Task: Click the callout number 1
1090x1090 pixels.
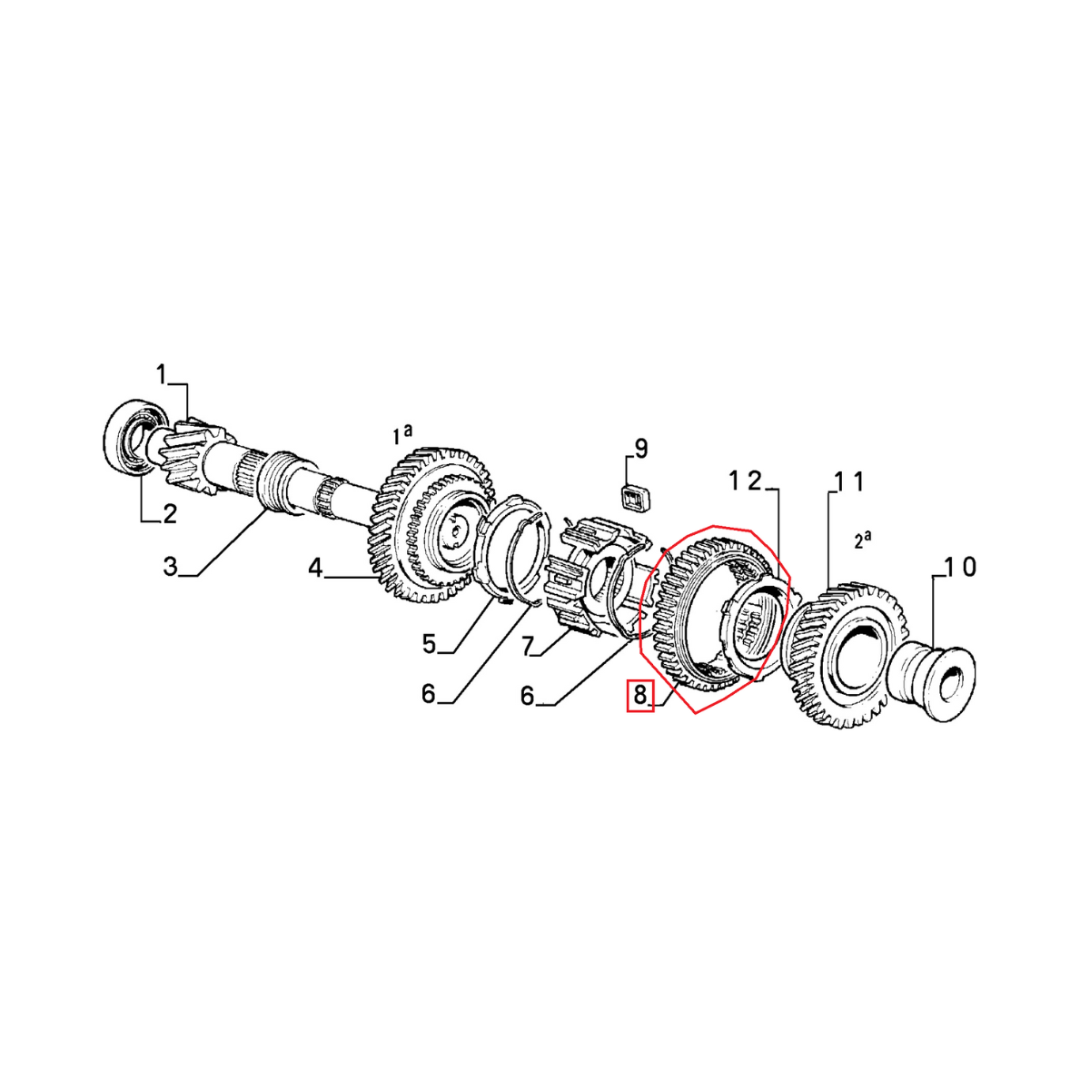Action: (x=162, y=373)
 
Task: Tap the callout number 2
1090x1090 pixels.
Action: (x=170, y=514)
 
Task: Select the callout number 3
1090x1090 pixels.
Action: (x=170, y=568)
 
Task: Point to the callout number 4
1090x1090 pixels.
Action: (x=315, y=569)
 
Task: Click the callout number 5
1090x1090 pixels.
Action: (x=430, y=644)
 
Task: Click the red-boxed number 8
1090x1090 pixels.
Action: (x=640, y=697)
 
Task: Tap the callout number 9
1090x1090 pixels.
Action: (x=640, y=448)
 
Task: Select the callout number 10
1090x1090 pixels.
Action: (x=959, y=568)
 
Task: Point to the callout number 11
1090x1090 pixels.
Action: (x=845, y=481)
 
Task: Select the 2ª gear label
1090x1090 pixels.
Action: (x=863, y=540)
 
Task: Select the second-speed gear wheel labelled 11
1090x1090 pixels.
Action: (x=845, y=654)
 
